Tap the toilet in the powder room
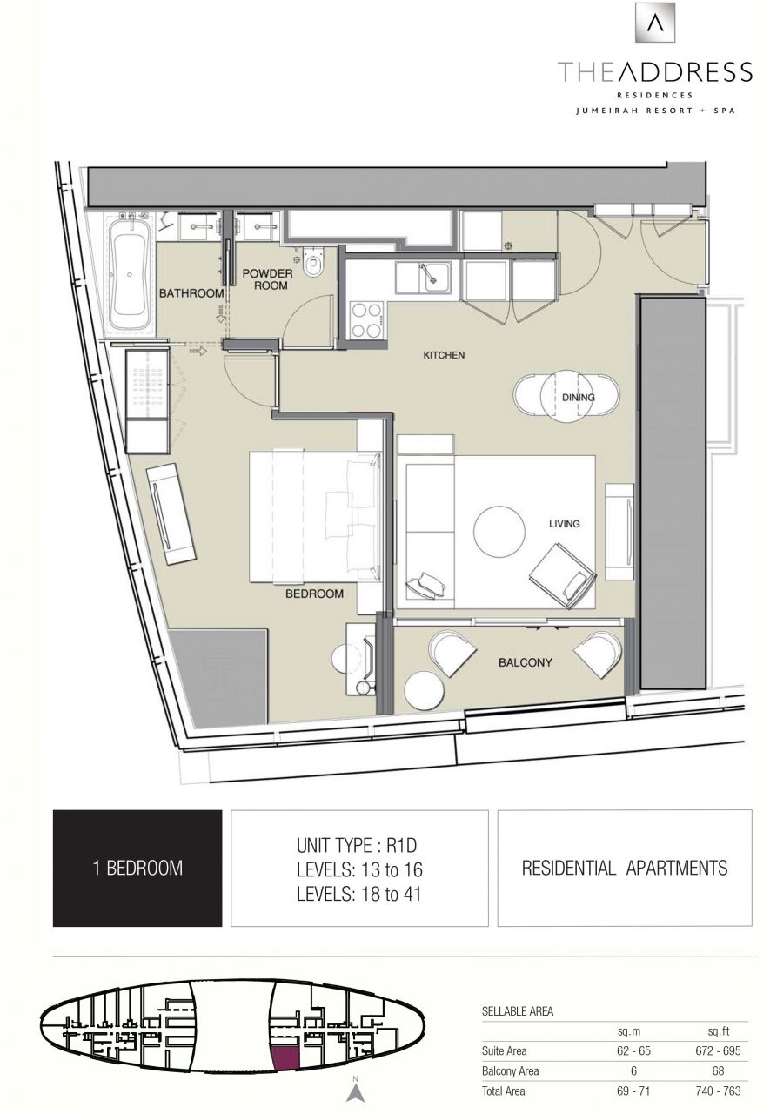point(313,259)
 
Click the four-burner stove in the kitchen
point(366,319)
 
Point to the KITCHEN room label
point(444,355)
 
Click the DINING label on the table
point(578,398)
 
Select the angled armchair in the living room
point(562,575)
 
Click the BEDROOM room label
point(314,594)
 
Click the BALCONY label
point(525,662)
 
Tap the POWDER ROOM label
point(267,278)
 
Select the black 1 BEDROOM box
point(137,868)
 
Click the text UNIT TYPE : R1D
point(359,845)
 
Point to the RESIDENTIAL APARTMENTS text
point(624,868)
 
